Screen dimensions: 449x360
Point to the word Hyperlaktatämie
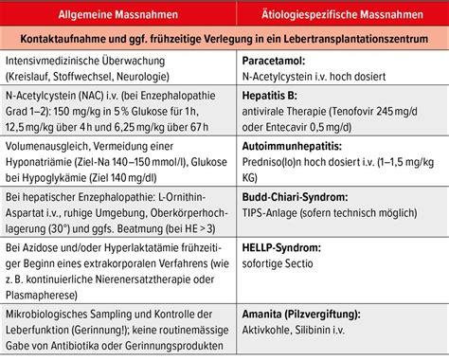(138, 244)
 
